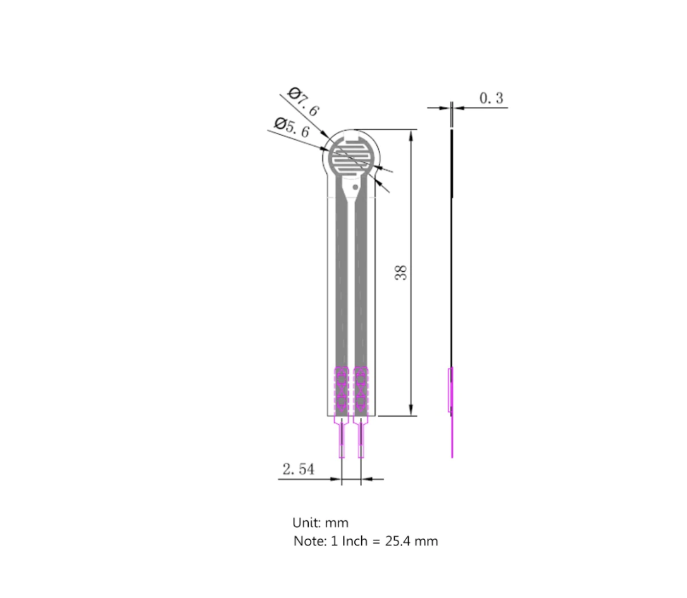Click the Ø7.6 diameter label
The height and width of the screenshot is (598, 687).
coord(304,102)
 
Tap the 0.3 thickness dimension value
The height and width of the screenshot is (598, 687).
coord(491,98)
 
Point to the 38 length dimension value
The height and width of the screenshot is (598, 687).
coord(400,273)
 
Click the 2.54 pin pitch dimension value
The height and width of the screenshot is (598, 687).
coord(298,470)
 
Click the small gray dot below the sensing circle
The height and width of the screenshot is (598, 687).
coord(355,187)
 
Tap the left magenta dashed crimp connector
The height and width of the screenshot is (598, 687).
coord(341,388)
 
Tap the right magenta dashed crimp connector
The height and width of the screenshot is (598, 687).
coord(361,388)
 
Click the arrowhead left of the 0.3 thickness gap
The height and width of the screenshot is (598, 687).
coord(445,108)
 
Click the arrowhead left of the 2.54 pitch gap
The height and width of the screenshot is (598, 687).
coord(336,479)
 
